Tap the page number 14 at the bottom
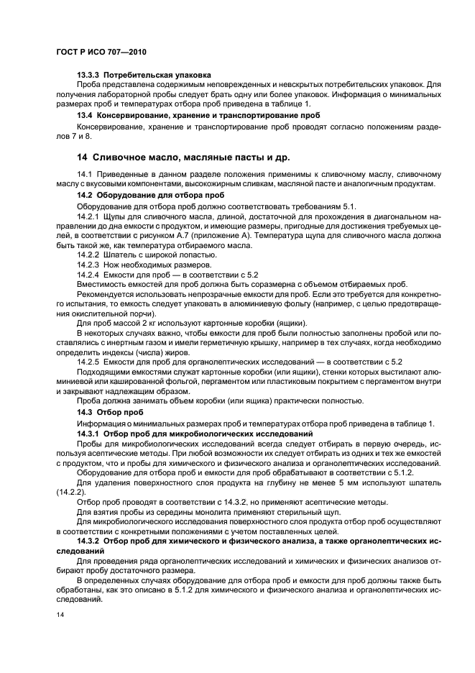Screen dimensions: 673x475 coord(61,615)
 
